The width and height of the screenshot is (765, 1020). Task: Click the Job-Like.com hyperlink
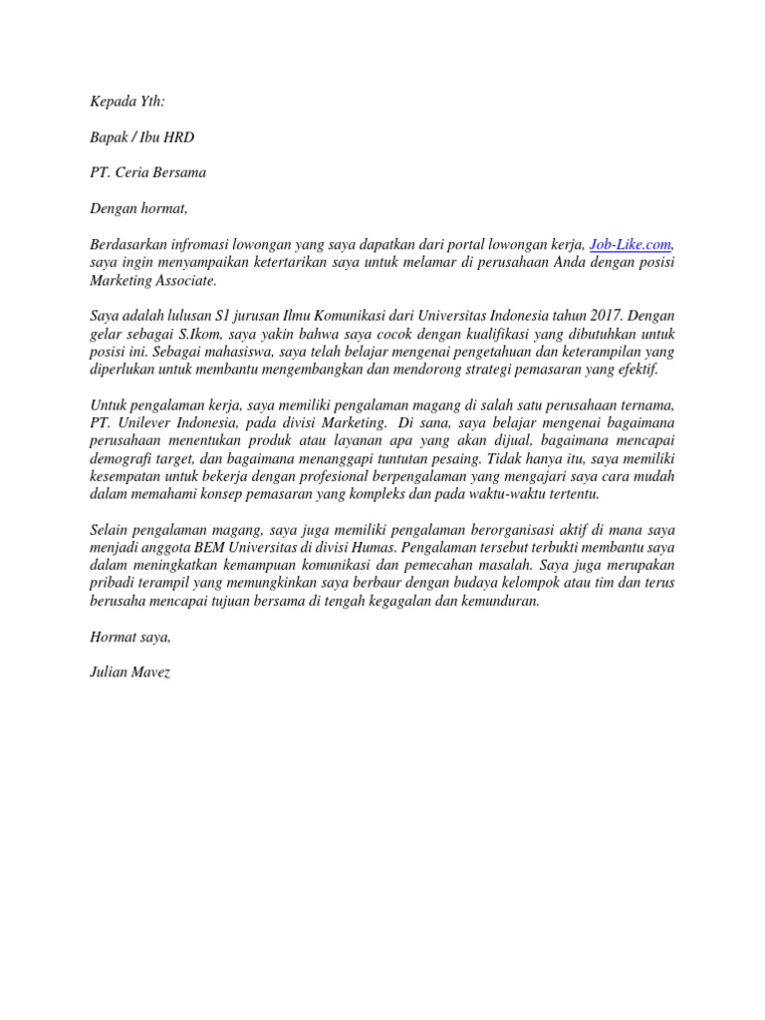pyautogui.click(x=632, y=244)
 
